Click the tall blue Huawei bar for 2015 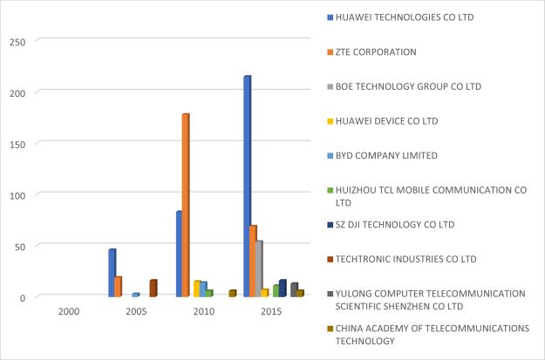click(247, 187)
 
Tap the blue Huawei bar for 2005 click(112, 273)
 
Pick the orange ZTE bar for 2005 click(118, 287)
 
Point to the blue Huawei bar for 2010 click(179, 254)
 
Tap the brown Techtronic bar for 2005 click(153, 289)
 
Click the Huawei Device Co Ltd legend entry click(387, 120)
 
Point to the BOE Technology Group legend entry click(408, 86)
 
